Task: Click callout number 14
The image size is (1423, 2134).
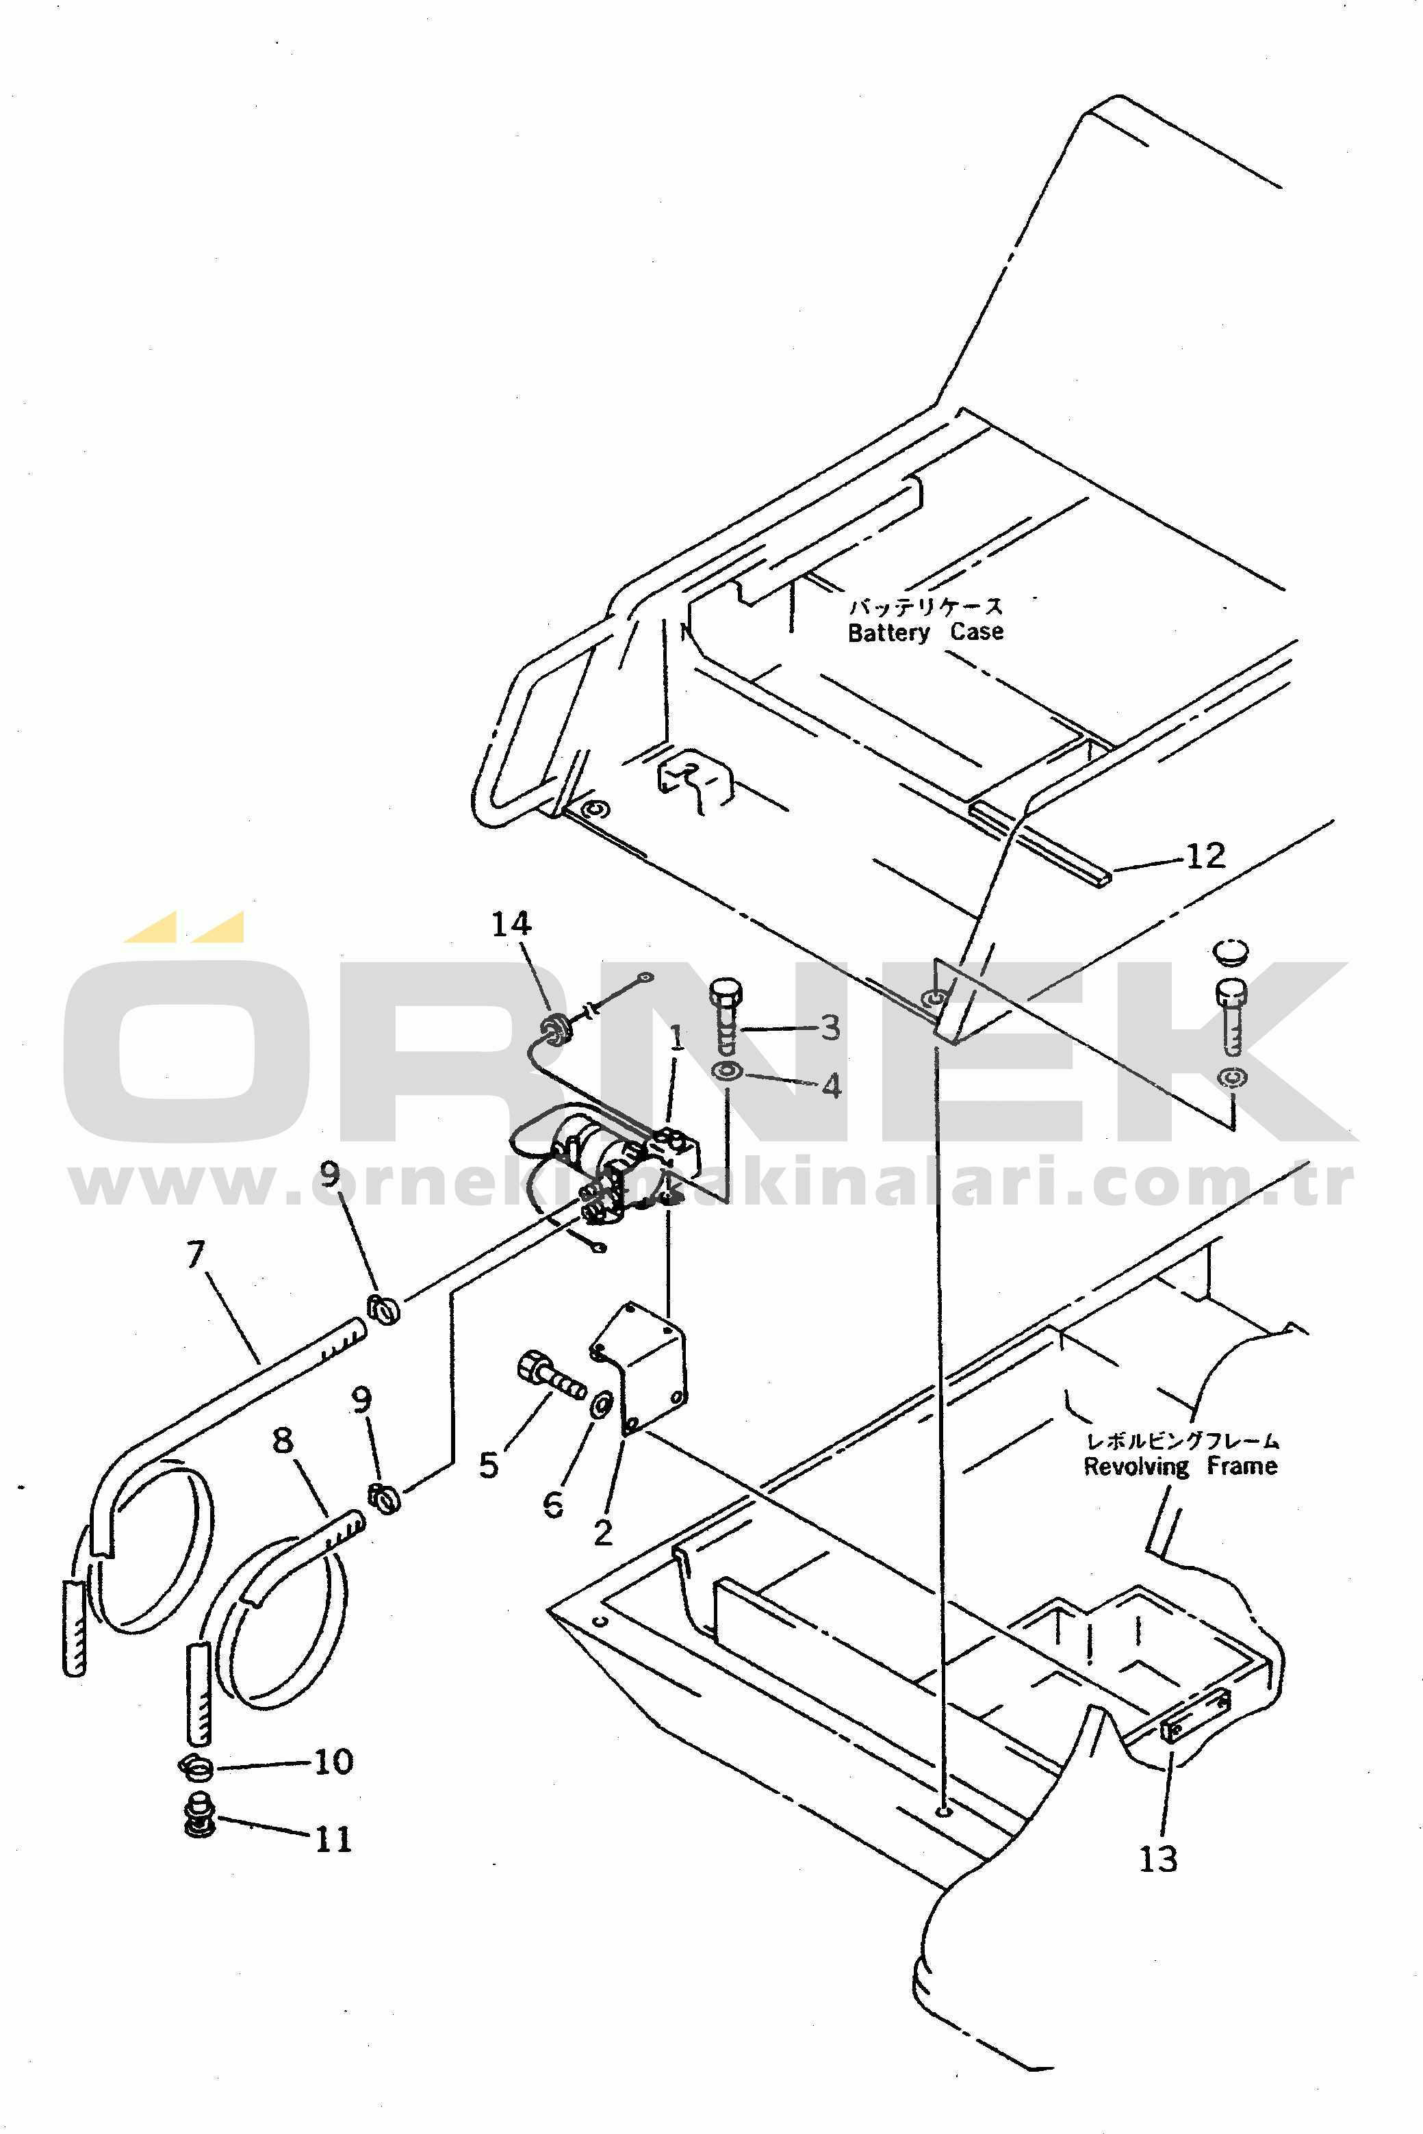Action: click(511, 924)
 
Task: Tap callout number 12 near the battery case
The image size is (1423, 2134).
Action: click(1206, 856)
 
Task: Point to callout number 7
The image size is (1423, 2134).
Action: click(195, 1254)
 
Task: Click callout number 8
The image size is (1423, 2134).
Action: click(283, 1440)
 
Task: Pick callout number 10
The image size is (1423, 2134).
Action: click(333, 1761)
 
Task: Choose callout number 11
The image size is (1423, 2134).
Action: click(333, 1839)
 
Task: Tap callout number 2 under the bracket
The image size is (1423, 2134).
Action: click(604, 1532)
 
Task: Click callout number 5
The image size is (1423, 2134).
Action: click(489, 1465)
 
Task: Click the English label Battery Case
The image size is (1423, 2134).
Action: click(925, 632)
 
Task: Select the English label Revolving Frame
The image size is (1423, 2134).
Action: click(1180, 1466)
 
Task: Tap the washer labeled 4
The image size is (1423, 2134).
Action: click(727, 1072)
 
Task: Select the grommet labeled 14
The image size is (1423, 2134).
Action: click(555, 1030)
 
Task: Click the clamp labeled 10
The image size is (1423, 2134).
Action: click(196, 1766)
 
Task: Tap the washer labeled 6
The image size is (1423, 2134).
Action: click(601, 1404)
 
